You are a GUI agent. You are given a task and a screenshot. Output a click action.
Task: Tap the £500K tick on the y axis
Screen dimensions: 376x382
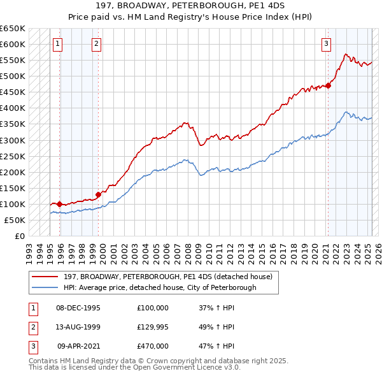click(13, 76)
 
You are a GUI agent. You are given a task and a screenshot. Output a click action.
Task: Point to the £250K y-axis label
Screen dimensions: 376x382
click(13, 156)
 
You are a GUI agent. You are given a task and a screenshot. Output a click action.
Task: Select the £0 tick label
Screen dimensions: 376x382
click(20, 236)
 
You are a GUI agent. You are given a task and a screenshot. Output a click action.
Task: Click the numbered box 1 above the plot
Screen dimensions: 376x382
click(57, 44)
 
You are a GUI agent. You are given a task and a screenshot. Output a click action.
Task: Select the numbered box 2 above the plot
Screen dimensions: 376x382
click(95, 44)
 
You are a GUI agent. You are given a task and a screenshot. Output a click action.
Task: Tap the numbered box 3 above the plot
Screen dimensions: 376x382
click(326, 44)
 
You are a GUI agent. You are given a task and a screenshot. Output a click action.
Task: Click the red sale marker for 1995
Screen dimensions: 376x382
click(59, 204)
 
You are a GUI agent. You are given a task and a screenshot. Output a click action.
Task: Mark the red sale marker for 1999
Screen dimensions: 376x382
click(99, 194)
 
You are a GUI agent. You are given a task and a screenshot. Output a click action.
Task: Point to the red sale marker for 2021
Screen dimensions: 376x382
click(329, 85)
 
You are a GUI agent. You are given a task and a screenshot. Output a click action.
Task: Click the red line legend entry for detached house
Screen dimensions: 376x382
click(168, 277)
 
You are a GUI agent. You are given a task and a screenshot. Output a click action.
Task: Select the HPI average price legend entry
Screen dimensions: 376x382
click(160, 287)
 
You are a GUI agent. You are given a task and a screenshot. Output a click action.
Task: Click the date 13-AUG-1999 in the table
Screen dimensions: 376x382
click(78, 327)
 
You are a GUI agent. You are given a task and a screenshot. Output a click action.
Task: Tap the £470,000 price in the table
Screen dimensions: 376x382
click(153, 346)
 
